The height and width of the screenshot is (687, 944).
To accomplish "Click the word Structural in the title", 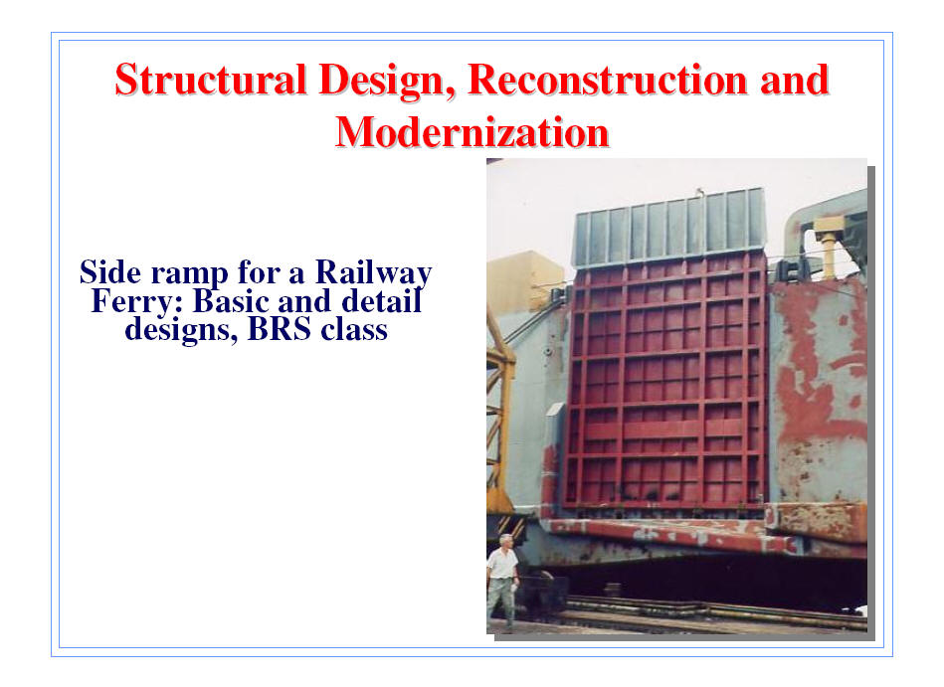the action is (211, 80).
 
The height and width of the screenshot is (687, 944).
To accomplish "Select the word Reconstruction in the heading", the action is (607, 80).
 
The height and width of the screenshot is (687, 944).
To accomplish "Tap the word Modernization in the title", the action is (472, 132).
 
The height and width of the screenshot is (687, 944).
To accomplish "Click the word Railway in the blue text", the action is (374, 272).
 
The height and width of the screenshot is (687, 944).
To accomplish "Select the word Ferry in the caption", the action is (136, 301).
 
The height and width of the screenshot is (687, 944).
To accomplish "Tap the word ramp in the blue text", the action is (190, 273).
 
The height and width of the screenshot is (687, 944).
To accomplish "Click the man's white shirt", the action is (502, 564).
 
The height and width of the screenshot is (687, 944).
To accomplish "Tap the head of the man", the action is (506, 542).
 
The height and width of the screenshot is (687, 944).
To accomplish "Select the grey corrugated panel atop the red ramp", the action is (669, 229).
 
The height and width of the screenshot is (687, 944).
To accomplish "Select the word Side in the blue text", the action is (110, 271).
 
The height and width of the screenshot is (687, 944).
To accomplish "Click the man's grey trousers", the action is (502, 599).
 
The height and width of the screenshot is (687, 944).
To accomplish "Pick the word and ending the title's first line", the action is (795, 80).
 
